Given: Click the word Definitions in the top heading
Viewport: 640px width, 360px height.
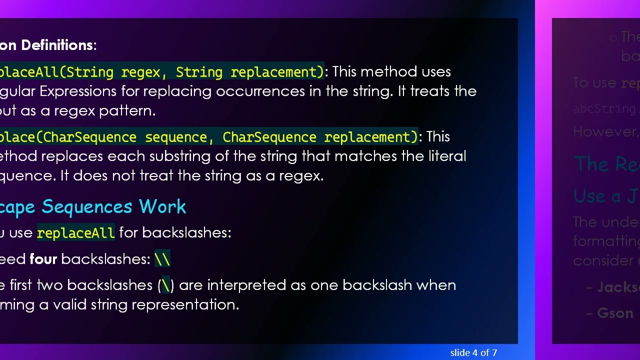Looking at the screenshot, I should pos(56,45).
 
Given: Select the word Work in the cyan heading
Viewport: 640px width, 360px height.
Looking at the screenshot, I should pos(162,207).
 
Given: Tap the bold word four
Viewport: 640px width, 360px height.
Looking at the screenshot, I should pos(43,259).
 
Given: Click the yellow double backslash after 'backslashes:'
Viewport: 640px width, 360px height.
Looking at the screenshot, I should pos(162,259).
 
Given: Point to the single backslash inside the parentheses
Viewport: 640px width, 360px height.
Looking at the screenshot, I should pos(166,285).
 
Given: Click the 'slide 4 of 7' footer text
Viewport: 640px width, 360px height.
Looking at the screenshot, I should pos(473,353).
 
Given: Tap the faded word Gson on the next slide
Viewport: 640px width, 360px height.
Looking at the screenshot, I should pos(615,313).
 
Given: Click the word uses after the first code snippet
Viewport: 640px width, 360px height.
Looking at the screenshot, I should pos(434,72).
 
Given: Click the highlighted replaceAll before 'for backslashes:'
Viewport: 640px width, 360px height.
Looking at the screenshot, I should pos(75,233).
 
